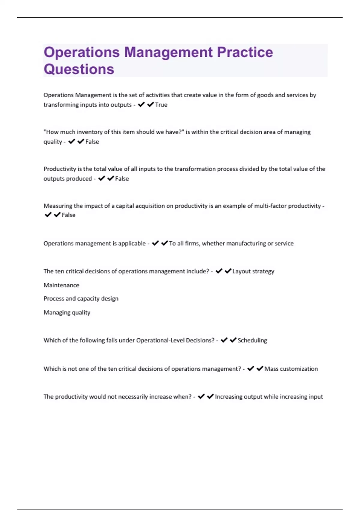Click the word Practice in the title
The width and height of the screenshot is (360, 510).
tap(245, 52)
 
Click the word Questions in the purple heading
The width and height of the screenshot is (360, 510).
tap(79, 69)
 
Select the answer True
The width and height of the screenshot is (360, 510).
tap(161, 105)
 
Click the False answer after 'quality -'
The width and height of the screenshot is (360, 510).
tap(92, 142)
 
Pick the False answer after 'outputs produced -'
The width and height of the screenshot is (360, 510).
tap(122, 178)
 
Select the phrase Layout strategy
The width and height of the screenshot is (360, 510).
tap(253, 271)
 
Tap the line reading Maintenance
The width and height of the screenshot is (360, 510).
tap(61, 285)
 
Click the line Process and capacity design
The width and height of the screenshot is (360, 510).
tap(81, 298)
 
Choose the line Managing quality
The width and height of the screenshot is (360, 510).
tap(67, 312)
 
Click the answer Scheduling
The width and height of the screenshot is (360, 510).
tap(252, 340)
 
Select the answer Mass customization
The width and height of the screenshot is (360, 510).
tap(291, 369)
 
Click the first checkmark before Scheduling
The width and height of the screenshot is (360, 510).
tap(224, 340)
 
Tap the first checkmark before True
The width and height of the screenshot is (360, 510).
tap(141, 104)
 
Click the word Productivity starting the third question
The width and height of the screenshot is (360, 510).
tap(60, 169)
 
